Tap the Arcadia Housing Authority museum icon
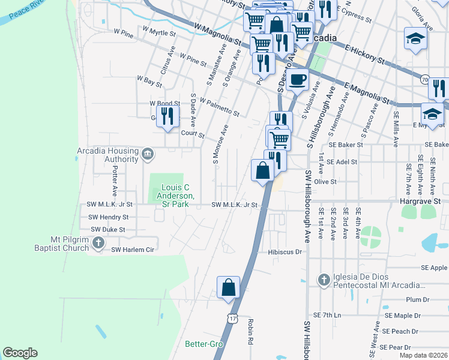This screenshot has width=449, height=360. point(147,155)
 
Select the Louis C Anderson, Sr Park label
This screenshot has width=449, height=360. point(175,196)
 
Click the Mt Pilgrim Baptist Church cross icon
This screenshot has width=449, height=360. point(99,244)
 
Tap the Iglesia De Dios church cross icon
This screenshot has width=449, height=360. point(324,280)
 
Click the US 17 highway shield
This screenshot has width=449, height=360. point(232,318)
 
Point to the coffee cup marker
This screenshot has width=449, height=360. point(297,79)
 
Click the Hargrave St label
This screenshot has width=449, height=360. point(420,202)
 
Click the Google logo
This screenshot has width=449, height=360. point(20,353)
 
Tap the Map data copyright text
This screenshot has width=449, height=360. point(423,355)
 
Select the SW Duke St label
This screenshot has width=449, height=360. point(107,229)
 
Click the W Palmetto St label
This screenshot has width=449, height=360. point(220,107)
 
